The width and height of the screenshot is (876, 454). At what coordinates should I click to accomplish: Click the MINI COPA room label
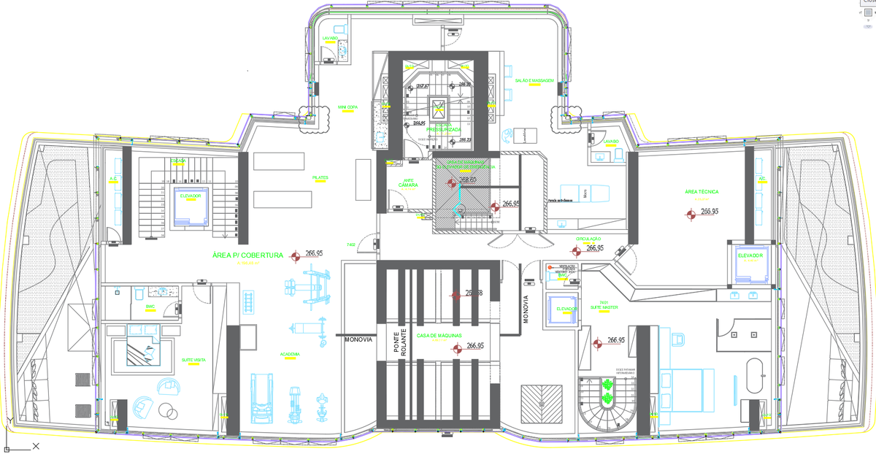click(347, 107)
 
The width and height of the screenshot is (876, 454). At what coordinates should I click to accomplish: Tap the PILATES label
click(320, 177)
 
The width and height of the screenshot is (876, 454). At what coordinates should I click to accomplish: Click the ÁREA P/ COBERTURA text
click(247, 255)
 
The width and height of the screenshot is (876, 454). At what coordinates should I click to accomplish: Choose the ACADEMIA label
click(290, 354)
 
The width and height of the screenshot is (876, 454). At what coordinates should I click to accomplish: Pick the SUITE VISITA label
click(193, 360)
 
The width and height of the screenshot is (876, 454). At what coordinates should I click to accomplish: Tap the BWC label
click(151, 307)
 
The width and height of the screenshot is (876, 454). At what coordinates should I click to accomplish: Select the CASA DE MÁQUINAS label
click(439, 336)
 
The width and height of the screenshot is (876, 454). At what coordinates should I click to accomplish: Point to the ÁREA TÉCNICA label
click(702, 192)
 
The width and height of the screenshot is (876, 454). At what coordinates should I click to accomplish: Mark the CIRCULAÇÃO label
click(588, 239)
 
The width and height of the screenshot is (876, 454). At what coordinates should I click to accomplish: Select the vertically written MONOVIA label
click(526, 309)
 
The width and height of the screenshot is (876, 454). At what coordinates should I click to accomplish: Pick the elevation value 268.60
click(468, 180)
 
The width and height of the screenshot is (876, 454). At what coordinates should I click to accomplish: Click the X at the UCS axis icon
click(35, 445)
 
